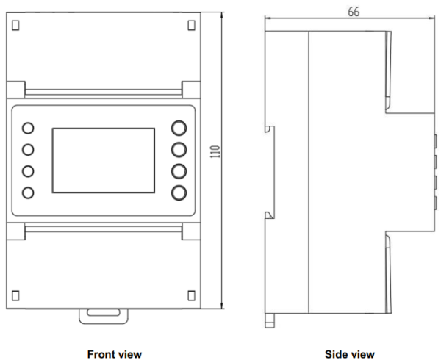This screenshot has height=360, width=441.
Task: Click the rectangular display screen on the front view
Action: [x=104, y=160]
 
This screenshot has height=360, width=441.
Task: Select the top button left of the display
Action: [x=29, y=128]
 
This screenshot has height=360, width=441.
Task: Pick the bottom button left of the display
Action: [x=29, y=193]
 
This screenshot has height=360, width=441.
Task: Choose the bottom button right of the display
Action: [x=179, y=193]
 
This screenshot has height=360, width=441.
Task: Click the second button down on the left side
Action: [x=29, y=150]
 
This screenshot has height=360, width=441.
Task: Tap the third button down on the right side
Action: [x=179, y=172]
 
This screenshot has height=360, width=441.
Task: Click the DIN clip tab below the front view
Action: [x=104, y=315]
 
